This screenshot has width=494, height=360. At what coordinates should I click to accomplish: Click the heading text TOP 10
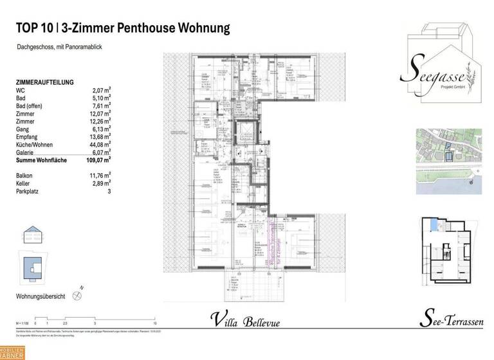33,28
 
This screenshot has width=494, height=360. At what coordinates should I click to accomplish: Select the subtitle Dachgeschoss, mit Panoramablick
60,48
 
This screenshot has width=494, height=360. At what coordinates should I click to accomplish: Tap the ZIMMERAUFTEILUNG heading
44,82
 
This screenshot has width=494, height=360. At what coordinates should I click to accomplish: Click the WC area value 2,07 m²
102,90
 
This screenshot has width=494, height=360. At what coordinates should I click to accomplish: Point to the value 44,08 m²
100,144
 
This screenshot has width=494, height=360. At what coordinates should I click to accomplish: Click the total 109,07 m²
100,159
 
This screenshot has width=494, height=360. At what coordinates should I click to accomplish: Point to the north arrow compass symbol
78,296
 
